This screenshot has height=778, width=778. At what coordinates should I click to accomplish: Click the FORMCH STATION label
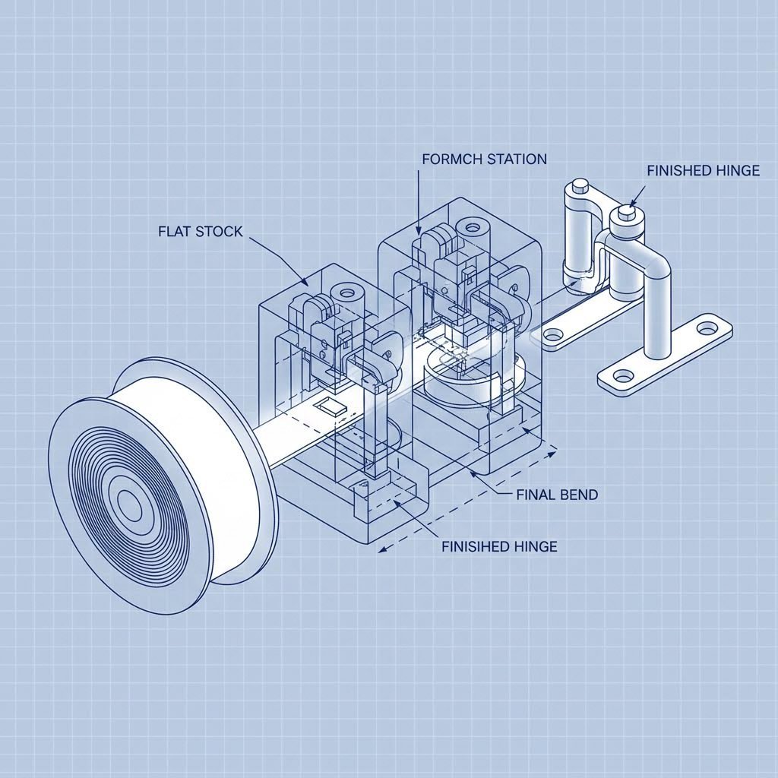coord(483,160)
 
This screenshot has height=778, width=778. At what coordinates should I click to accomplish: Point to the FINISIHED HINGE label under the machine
coord(499,546)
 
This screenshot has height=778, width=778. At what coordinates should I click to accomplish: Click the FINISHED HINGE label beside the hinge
coord(703,171)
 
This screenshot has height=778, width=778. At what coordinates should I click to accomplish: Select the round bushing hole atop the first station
coord(346,292)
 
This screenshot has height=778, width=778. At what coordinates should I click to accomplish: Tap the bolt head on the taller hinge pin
coord(579,185)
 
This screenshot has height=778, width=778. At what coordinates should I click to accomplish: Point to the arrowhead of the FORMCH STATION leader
coord(419,232)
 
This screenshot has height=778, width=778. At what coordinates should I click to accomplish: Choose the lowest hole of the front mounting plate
coord(624,375)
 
